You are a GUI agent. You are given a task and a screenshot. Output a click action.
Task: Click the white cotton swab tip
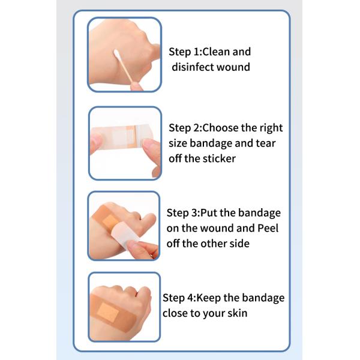[118, 55]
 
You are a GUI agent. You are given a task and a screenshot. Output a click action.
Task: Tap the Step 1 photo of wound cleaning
[125, 55]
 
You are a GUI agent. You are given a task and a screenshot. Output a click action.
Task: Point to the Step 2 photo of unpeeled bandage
[125, 143]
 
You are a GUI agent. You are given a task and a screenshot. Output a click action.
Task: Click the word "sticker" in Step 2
[219, 158]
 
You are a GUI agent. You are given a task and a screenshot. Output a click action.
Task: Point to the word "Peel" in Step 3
[268, 229]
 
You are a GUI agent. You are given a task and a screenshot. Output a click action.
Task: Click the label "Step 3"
[182, 213]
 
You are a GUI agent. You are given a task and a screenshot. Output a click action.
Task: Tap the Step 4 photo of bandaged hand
[124, 307]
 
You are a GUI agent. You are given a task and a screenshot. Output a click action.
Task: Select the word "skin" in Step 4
[236, 313]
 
